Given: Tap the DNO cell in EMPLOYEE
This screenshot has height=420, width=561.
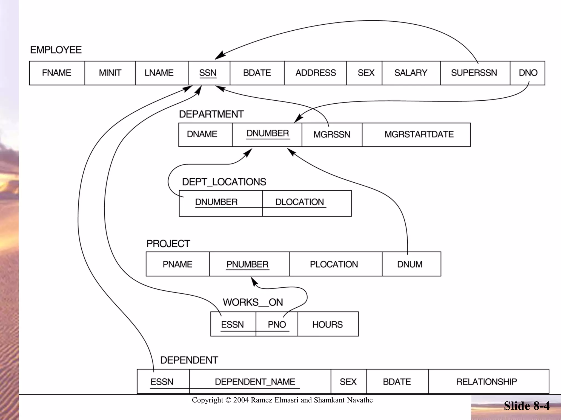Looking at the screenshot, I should coord(528,73).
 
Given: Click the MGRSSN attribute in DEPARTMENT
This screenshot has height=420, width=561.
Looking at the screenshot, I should coord(332,135).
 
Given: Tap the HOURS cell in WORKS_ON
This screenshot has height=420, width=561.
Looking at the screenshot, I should coord(328,324).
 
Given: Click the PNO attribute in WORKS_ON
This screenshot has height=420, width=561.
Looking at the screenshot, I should coord(277,324).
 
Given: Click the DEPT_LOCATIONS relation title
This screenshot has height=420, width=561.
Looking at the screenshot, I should coord(224,182).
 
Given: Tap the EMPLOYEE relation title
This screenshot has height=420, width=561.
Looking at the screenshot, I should coord(56,50).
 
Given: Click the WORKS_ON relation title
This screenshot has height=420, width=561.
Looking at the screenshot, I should coord(253,302).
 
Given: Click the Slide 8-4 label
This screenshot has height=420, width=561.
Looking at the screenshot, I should coord(526,406).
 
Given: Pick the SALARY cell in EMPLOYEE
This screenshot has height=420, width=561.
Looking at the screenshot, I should coord(411,73).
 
